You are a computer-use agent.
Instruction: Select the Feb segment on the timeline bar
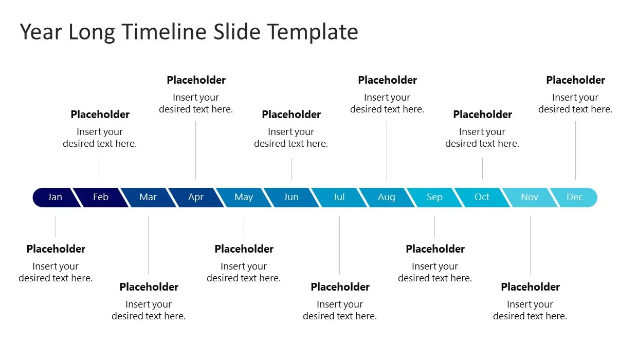point(101,197)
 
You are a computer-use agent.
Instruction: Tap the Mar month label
point(148,197)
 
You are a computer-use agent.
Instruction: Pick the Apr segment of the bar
point(196,197)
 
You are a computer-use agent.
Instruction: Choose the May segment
point(244,197)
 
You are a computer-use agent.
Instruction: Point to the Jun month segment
point(291,197)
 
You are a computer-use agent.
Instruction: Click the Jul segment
point(339,197)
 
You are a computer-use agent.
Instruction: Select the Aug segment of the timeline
point(387,197)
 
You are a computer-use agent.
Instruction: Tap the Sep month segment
point(434,197)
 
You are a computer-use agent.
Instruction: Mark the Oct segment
point(482,197)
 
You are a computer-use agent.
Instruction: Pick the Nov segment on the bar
point(530,197)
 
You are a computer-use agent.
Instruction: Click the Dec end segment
point(575,197)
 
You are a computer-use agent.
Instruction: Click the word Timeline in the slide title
point(165,31)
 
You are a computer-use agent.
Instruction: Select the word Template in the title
point(312,32)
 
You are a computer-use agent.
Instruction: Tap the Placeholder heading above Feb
point(100,114)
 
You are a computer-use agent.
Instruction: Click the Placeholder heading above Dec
point(576,80)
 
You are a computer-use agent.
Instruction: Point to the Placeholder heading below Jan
point(56,249)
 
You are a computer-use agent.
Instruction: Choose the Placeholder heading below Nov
point(531,286)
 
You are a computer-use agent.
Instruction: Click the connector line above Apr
point(196,150)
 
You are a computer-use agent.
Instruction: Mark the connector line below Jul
point(339,245)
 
